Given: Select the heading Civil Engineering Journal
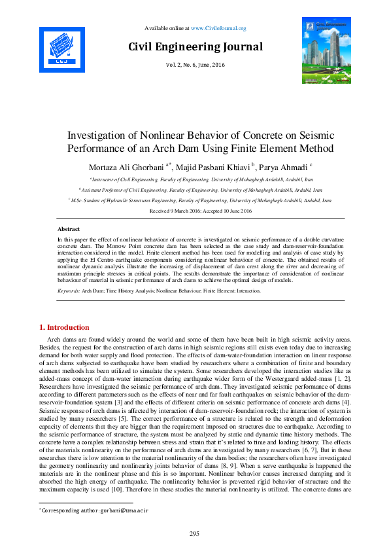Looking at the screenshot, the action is (x=195, y=47).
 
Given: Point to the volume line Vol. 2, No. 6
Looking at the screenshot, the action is (x=194, y=65).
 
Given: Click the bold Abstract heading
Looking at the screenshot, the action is (x=69, y=230).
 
